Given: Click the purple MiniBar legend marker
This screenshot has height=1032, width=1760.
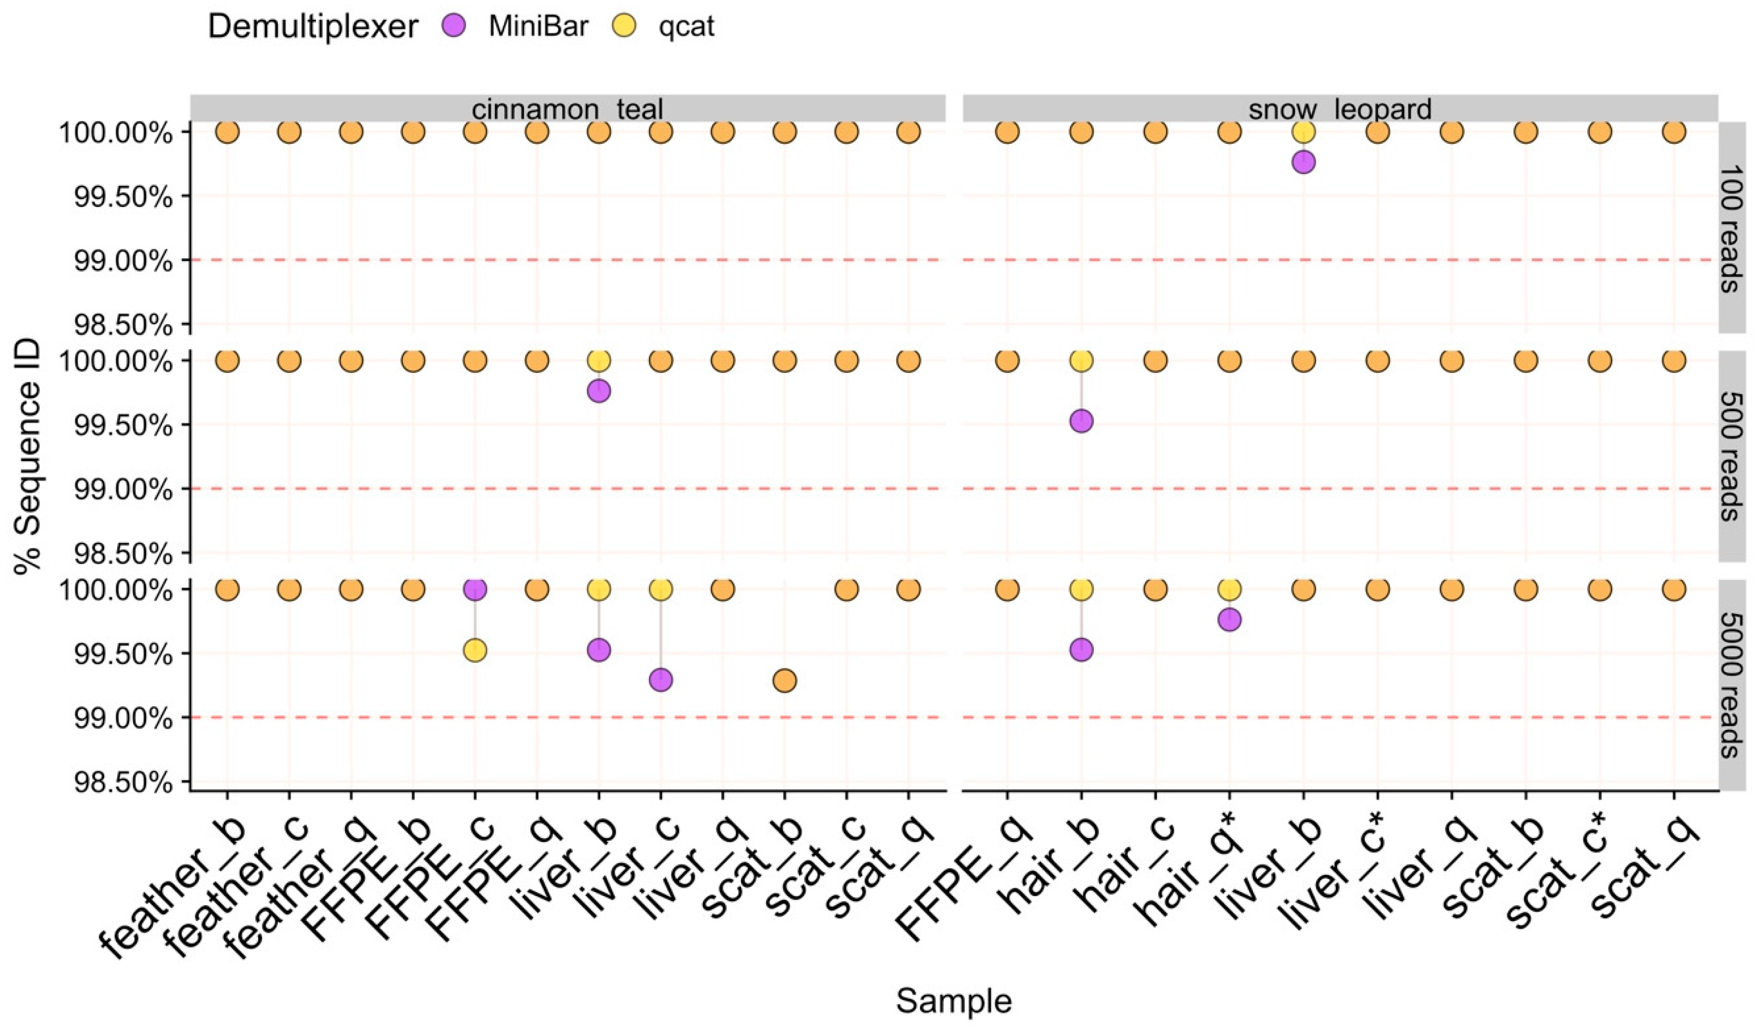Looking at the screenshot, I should click(x=454, y=27).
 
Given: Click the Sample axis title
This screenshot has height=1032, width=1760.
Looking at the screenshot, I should click(x=953, y=1001).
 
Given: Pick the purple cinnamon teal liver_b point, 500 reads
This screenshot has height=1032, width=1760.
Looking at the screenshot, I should click(x=599, y=391).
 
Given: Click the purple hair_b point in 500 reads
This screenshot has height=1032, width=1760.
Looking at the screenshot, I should click(x=1080, y=421).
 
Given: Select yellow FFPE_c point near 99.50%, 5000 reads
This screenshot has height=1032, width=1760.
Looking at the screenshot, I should click(x=475, y=651).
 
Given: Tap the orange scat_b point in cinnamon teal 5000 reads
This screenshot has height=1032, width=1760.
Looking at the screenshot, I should click(x=784, y=680).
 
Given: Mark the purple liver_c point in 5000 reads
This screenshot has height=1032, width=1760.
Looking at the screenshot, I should click(x=660, y=679).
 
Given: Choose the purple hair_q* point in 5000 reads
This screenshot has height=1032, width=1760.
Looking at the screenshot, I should click(x=1229, y=619).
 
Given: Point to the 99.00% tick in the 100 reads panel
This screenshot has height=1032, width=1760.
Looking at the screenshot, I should click(x=124, y=261).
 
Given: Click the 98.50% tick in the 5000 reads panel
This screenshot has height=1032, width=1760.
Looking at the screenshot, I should click(x=124, y=783).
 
